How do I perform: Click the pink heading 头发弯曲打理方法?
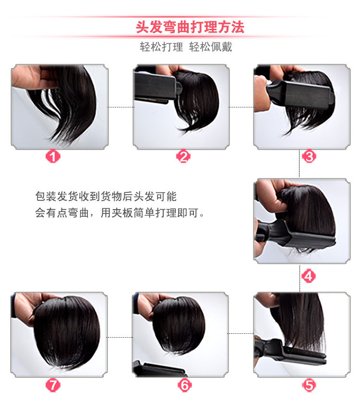(190, 27)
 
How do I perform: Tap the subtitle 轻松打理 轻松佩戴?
(186, 47)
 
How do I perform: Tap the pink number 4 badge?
(309, 276)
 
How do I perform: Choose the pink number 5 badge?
(309, 385)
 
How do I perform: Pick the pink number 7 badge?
(53, 385)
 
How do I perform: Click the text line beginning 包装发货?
(106, 197)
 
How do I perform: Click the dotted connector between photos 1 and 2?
(120, 107)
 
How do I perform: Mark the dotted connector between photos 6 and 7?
(120, 337)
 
